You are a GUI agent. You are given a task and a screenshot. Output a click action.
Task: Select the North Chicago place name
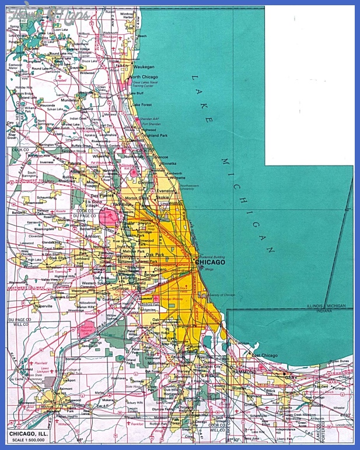(x=144, y=77)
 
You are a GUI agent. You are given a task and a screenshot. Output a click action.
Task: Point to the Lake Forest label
(x=144, y=105)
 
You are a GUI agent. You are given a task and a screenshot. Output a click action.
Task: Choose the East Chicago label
(x=265, y=355)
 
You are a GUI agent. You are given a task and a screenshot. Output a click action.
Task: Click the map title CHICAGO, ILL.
(x=31, y=433)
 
